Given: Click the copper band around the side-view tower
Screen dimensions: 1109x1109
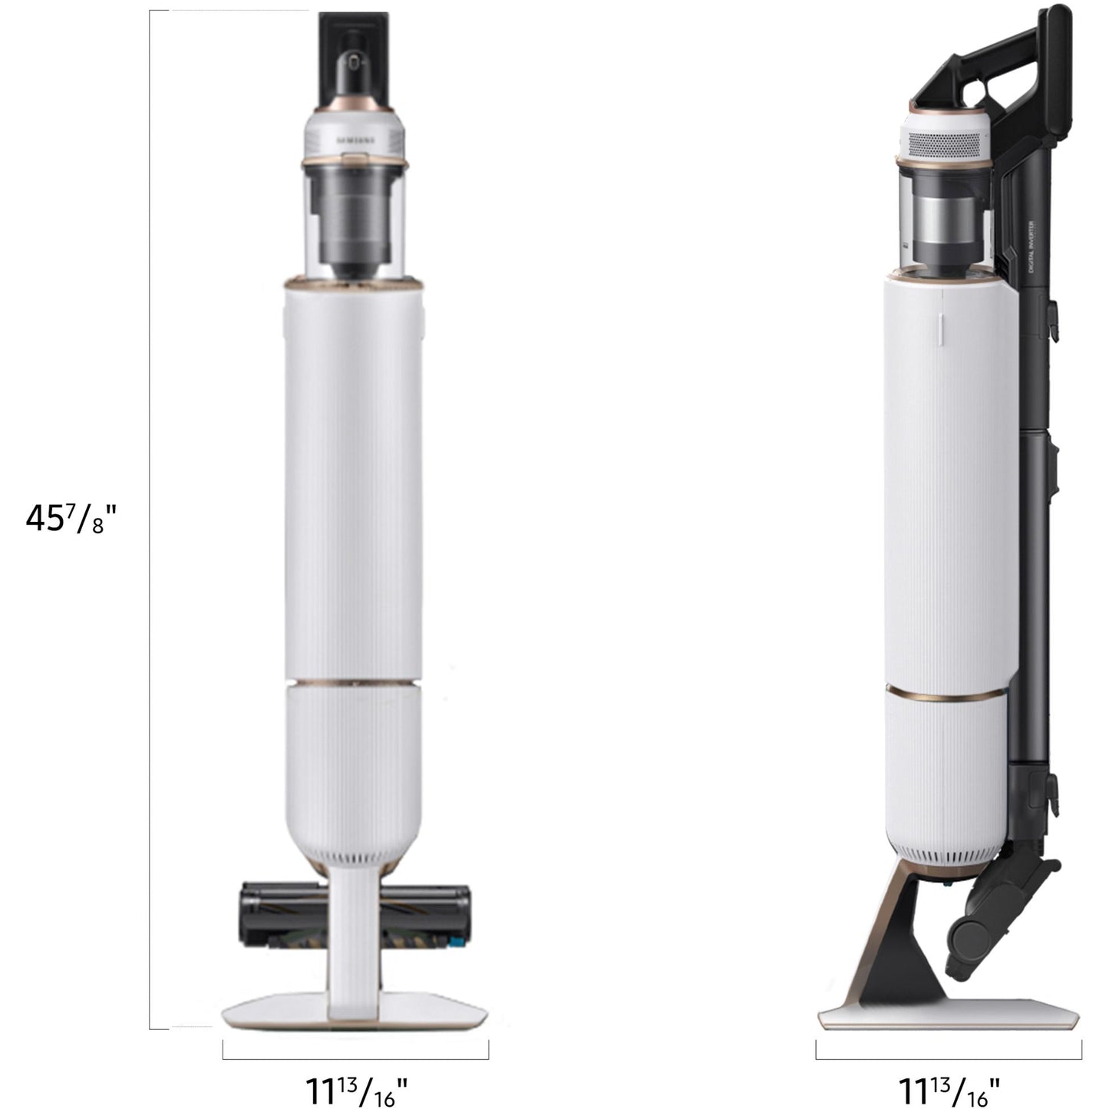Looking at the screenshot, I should pos(946,695).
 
